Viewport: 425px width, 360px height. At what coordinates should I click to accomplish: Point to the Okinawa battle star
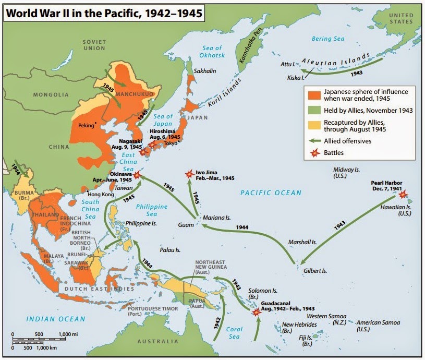coord(137,175)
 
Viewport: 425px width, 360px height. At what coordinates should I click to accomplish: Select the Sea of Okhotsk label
coord(211,54)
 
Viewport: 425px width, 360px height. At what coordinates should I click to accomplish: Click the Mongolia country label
coord(51,95)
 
